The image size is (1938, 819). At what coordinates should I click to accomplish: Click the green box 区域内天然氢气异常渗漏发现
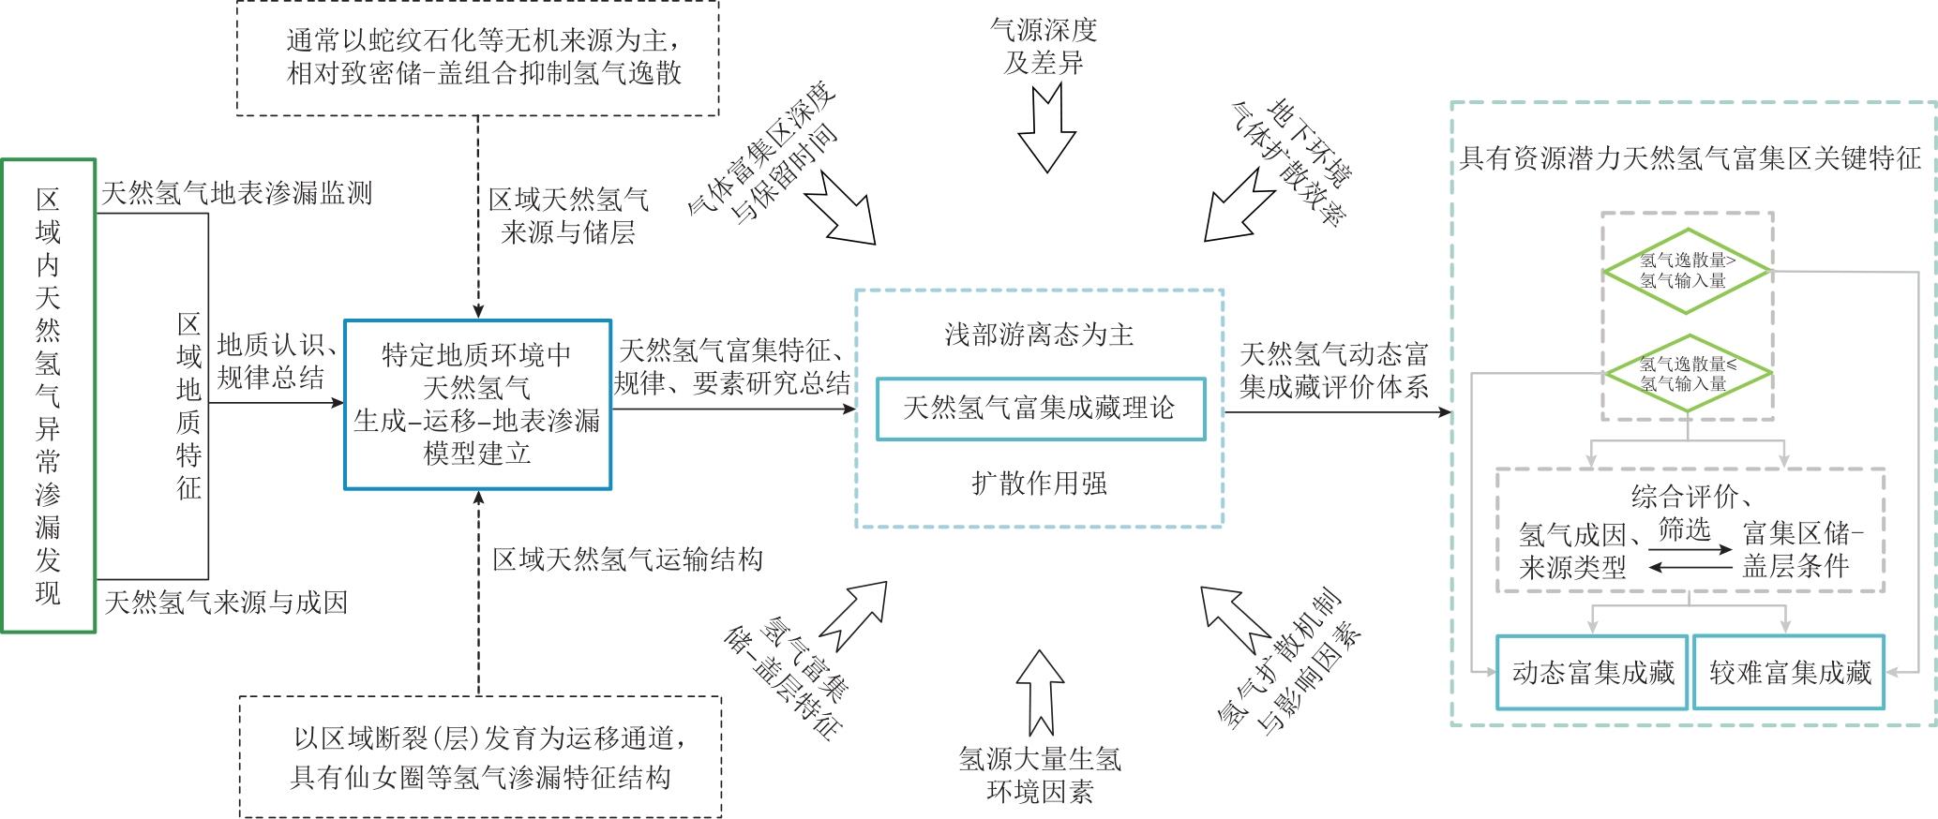pyautogui.click(x=48, y=395)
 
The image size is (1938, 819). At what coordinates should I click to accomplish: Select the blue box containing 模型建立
pyautogui.click(x=477, y=405)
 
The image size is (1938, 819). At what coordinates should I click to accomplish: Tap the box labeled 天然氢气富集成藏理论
pyautogui.click(x=1040, y=409)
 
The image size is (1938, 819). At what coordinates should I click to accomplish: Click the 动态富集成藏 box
pyautogui.click(x=1592, y=672)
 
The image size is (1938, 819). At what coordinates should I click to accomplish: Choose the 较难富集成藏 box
pyautogui.click(x=1789, y=672)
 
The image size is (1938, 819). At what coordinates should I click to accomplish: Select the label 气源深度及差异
pyautogui.click(x=1044, y=47)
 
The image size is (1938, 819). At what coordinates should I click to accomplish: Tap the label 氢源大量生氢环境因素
pyautogui.click(x=1040, y=774)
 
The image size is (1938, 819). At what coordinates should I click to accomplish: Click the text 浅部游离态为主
pyautogui.click(x=1039, y=335)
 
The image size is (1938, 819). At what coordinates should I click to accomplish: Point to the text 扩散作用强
pyautogui.click(x=1039, y=484)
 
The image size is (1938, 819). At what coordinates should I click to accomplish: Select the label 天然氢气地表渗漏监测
pyautogui.click(x=236, y=193)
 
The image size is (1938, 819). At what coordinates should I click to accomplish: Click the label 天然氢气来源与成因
pyautogui.click(x=226, y=602)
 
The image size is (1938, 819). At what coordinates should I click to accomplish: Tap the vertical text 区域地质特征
pyautogui.click(x=188, y=406)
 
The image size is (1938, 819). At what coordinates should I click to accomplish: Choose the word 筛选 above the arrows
pyautogui.click(x=1684, y=530)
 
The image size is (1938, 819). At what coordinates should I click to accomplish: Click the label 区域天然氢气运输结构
pyautogui.click(x=627, y=559)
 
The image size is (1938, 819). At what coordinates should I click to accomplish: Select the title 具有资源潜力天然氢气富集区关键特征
pyautogui.click(x=1690, y=157)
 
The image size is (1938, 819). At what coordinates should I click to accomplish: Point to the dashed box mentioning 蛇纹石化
pyautogui.click(x=477, y=57)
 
